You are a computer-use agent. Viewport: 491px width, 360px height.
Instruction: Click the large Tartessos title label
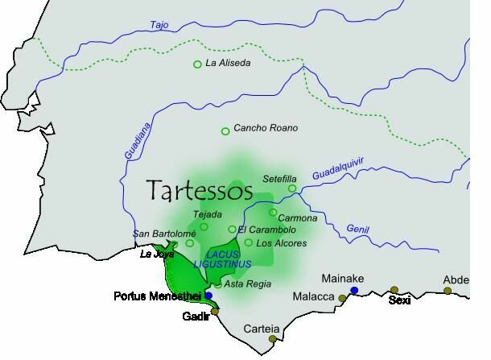200,191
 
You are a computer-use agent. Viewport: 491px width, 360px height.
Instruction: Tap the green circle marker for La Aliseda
197,64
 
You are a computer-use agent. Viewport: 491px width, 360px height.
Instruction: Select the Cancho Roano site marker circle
225,131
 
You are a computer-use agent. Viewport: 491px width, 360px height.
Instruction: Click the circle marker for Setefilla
292,188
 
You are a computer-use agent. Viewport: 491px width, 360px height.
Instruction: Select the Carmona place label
297,218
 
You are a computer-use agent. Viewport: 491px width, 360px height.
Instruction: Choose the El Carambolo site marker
232,230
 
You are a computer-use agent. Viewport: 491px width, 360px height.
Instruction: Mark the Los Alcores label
279,242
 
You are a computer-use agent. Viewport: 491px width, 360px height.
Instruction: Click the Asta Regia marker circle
218,283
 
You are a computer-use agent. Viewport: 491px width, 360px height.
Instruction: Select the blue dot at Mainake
354,290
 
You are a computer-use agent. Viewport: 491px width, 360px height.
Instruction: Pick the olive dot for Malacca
342,299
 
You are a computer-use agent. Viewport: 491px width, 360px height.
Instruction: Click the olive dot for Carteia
272,339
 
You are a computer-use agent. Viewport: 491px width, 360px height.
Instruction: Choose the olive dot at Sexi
394,290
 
